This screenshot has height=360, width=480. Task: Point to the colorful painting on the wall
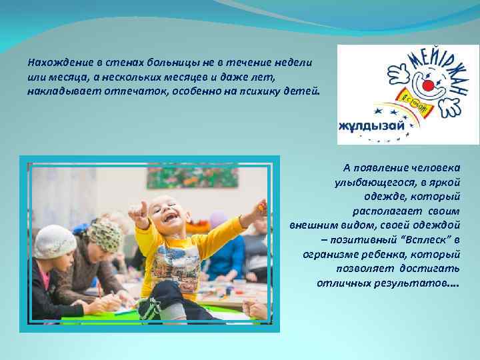click(183, 175)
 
